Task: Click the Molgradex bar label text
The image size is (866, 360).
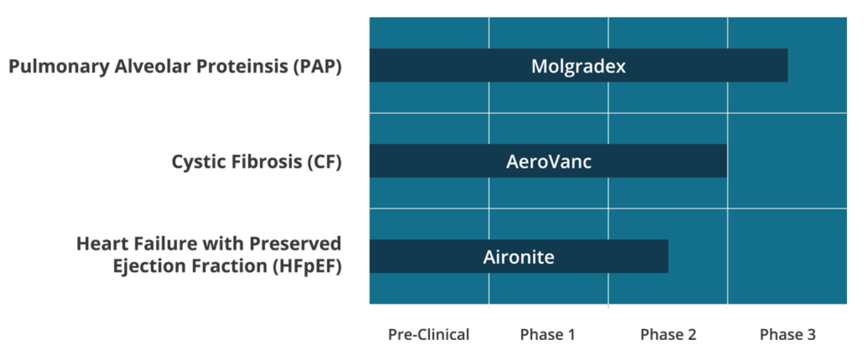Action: [578, 66]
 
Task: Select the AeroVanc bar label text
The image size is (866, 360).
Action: [548, 162]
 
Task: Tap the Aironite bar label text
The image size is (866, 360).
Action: [519, 257]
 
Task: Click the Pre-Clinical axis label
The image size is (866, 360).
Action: [429, 334]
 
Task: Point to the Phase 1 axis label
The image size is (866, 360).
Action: [547, 334]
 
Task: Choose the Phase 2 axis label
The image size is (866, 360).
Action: [668, 334]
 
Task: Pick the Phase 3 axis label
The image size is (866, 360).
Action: [787, 334]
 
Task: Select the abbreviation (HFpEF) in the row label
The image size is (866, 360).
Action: [307, 266]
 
